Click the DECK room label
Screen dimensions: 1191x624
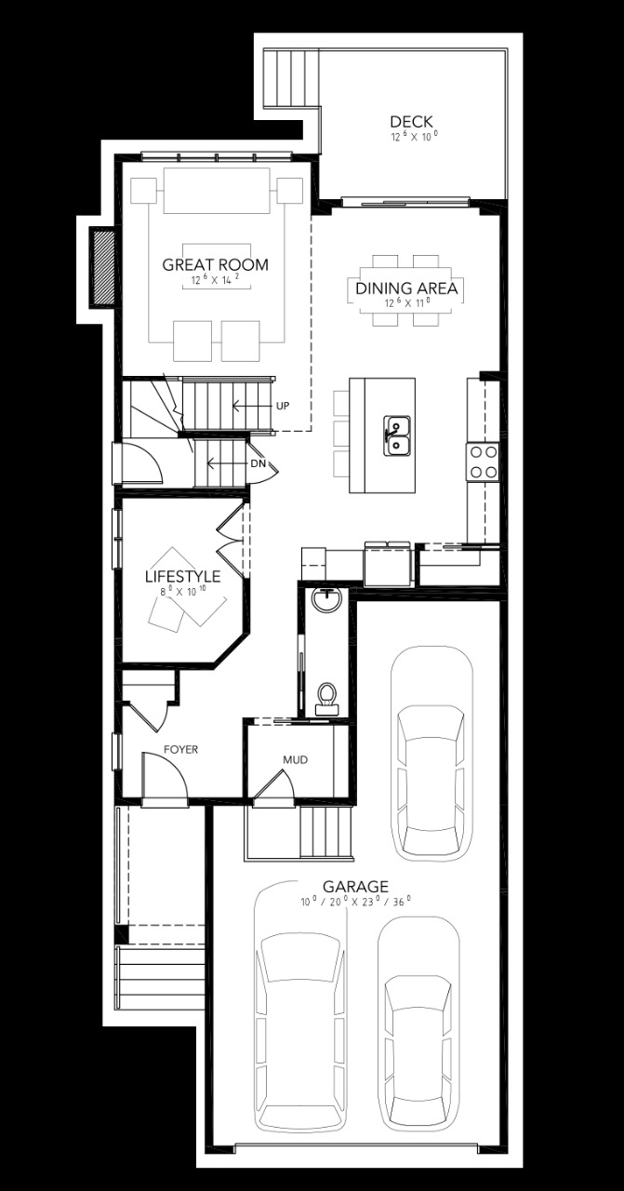[412, 122]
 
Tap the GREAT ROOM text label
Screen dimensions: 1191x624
[215, 265]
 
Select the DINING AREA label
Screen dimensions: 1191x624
[406, 289]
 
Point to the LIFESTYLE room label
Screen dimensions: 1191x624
[182, 577]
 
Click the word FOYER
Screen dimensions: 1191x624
[180, 749]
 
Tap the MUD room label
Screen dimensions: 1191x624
[296, 760]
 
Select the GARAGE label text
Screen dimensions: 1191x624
[355, 887]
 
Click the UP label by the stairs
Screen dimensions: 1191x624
[284, 407]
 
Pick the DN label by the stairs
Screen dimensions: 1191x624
[258, 463]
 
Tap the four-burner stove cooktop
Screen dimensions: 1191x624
[483, 461]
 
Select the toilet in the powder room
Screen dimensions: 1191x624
[327, 696]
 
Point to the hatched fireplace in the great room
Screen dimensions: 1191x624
[100, 266]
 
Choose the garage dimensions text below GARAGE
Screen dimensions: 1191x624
[355, 902]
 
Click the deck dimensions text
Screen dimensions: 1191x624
[413, 137]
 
